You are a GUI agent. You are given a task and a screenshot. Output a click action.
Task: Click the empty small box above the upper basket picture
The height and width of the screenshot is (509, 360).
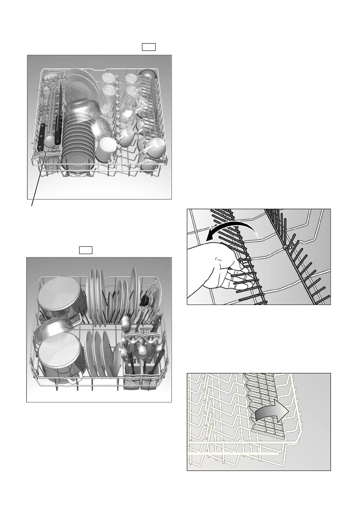148,47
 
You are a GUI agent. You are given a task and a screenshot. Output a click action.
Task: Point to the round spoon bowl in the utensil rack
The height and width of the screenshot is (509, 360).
49,141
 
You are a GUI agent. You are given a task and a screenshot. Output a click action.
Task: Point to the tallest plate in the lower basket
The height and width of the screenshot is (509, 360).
134,291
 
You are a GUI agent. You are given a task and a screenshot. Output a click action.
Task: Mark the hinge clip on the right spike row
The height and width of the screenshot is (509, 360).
284,248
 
